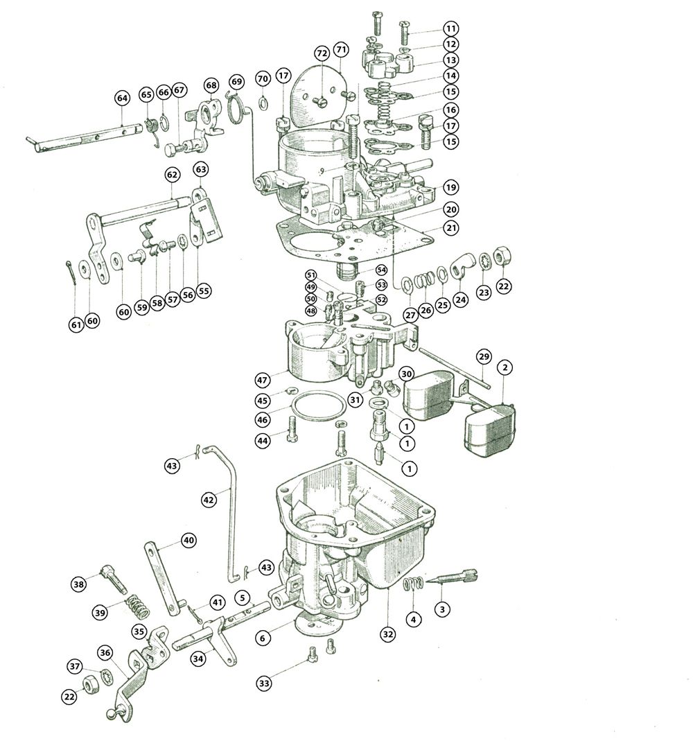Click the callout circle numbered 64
(123, 98)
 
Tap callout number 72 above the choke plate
(322, 53)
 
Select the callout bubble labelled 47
(262, 380)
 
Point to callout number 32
(388, 634)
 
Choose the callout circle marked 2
(505, 367)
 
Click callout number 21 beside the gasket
(451, 228)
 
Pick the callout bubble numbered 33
(264, 683)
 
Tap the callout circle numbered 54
(381, 270)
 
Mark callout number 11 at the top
(451, 28)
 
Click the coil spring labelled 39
(137, 607)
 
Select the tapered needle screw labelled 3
(452, 577)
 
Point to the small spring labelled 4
(412, 584)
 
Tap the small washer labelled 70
(263, 102)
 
